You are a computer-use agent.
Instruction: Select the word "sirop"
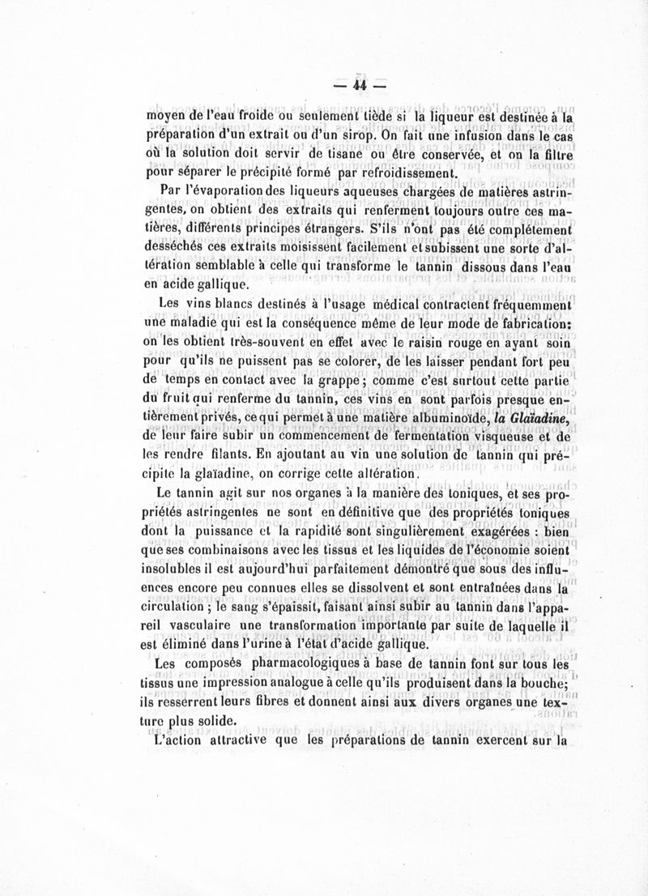click(254, 134)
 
